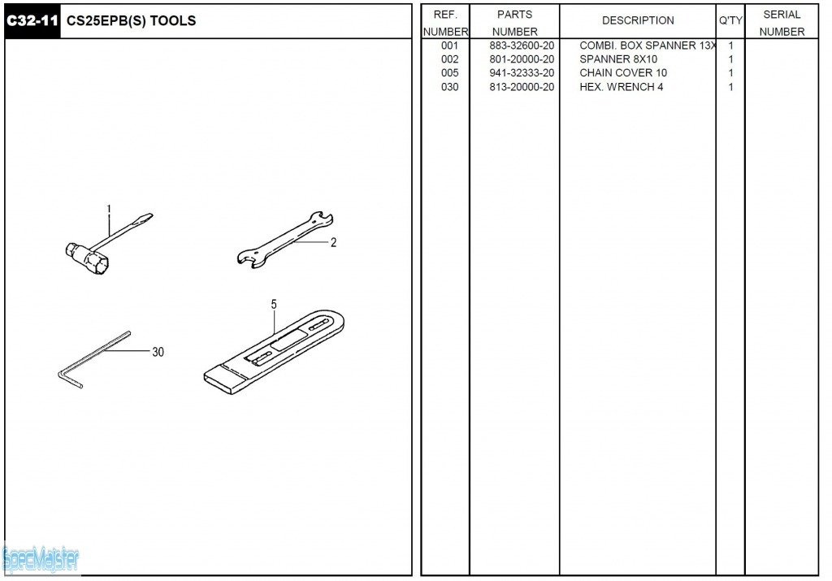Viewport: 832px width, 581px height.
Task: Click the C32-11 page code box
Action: [x=32, y=21]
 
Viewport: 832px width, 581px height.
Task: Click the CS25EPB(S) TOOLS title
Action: [x=131, y=21]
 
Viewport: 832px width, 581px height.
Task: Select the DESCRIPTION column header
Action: [x=638, y=20]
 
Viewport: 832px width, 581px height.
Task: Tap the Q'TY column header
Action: [x=730, y=20]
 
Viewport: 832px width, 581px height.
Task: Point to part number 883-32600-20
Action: [x=522, y=46]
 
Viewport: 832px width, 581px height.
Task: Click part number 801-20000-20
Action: [x=522, y=59]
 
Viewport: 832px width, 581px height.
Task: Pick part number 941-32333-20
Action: [x=522, y=73]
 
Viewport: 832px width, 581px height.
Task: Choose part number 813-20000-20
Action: [x=522, y=87]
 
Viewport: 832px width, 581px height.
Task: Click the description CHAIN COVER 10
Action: [x=623, y=73]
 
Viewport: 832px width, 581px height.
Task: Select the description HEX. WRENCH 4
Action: [x=622, y=87]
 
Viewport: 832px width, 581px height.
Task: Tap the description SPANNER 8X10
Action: [x=618, y=59]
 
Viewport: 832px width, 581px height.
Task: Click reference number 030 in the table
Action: [x=449, y=87]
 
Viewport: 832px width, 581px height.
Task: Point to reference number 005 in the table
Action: [x=449, y=73]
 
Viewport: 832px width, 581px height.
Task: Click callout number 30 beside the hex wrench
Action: [x=158, y=352]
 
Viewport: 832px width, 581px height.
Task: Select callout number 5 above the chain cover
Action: [x=274, y=305]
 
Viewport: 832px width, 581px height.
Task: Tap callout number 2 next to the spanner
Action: [x=333, y=242]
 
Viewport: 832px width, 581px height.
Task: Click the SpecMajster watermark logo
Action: [x=41, y=561]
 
